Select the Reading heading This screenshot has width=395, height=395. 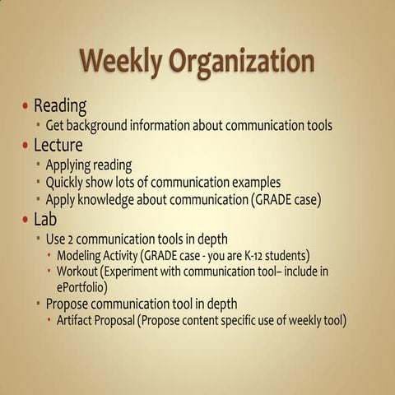point(60,106)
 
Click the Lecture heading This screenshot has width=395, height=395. point(58,146)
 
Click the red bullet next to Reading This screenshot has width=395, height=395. point(26,107)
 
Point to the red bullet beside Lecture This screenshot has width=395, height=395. point(26,146)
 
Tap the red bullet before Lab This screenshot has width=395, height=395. point(26,219)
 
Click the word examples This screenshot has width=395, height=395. point(253,182)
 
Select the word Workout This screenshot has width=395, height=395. point(80,272)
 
